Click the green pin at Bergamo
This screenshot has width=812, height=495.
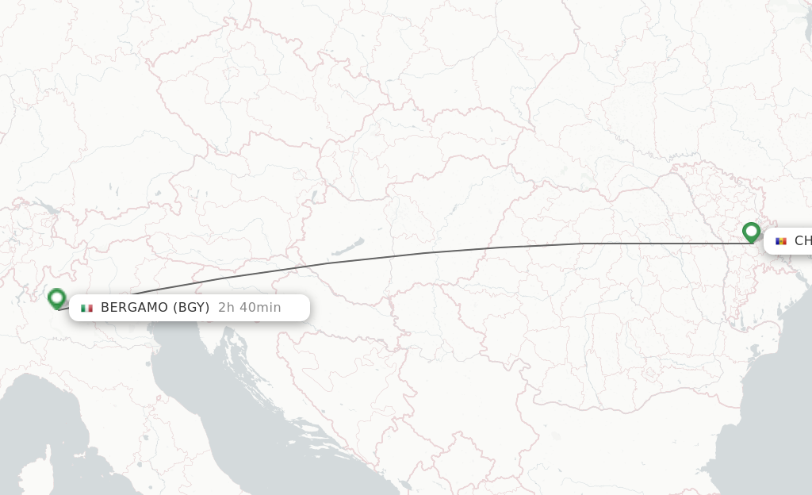[x=56, y=298]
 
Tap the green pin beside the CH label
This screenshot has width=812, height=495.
[x=751, y=232]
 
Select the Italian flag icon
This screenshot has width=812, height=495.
[x=86, y=308]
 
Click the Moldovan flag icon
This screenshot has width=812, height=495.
[x=781, y=241]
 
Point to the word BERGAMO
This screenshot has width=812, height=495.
[x=134, y=308]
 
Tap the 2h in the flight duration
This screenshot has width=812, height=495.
[x=227, y=308]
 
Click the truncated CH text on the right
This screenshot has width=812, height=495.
[x=802, y=241]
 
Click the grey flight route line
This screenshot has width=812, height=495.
[x=428, y=253]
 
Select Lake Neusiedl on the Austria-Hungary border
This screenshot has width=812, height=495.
[x=315, y=195]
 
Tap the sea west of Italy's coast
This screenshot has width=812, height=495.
[x=48, y=420]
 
